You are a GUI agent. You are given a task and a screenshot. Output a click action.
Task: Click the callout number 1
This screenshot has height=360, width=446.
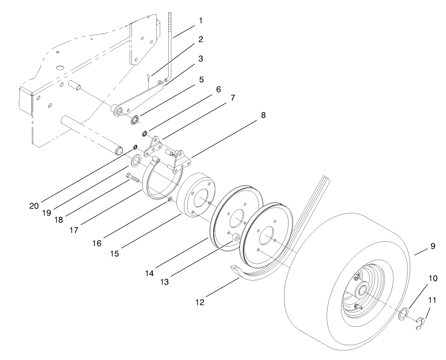[201, 21]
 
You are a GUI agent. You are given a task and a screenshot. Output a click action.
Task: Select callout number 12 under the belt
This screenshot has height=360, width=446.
[200, 303]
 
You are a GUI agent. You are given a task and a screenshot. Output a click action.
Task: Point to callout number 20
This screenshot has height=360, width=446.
[34, 206]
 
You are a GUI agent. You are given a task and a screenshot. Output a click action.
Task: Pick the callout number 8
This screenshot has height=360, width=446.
[263, 115]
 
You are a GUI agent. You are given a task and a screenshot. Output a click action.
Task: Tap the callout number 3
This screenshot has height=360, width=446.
[201, 59]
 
